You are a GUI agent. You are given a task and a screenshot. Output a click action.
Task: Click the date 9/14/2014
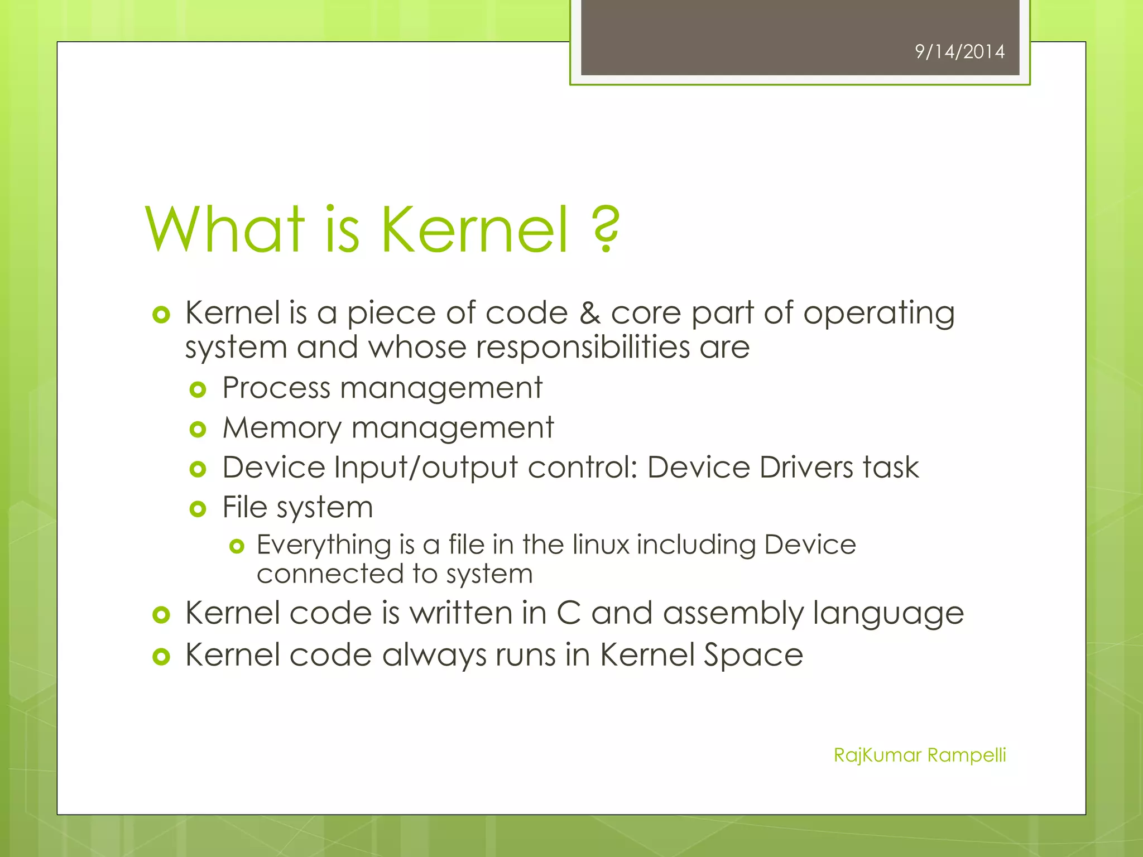[959, 52]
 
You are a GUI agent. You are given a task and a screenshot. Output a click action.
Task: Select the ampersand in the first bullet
[589, 313]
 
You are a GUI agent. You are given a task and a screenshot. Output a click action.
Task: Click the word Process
[276, 388]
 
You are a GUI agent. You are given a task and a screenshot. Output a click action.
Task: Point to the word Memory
[282, 428]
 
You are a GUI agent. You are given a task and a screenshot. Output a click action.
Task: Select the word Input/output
[426, 469]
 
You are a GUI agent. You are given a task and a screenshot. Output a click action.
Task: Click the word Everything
[324, 546]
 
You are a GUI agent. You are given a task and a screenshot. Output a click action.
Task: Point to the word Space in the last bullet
[753, 656]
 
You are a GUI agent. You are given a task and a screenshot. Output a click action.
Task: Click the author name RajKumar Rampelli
[919, 755]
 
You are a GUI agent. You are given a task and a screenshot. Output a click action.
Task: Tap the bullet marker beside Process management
[198, 389]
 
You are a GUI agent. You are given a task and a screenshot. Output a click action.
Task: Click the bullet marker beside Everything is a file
[237, 546]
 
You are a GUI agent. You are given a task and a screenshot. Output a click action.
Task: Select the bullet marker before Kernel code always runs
[161, 657]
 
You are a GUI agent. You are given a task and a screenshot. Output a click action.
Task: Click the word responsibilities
[583, 348]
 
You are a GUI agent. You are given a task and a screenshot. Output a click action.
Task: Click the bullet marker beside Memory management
[198, 430]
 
